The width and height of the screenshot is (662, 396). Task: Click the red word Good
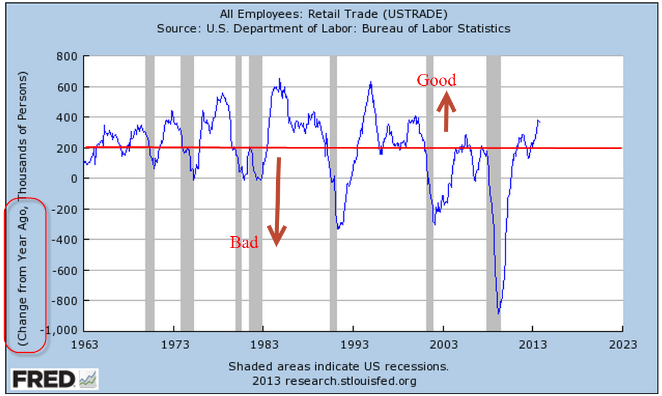pos(437,81)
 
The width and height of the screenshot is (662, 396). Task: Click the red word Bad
pos(244,243)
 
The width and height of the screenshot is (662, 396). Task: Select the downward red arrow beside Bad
pos(276,201)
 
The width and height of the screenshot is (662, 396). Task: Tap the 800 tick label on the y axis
pos(68,57)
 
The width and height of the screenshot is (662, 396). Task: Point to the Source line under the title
pos(334,28)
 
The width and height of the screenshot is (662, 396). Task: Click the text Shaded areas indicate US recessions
pos(338,366)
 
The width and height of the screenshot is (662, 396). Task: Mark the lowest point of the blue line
pos(499,313)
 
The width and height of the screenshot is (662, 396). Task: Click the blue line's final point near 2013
pos(539,121)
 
